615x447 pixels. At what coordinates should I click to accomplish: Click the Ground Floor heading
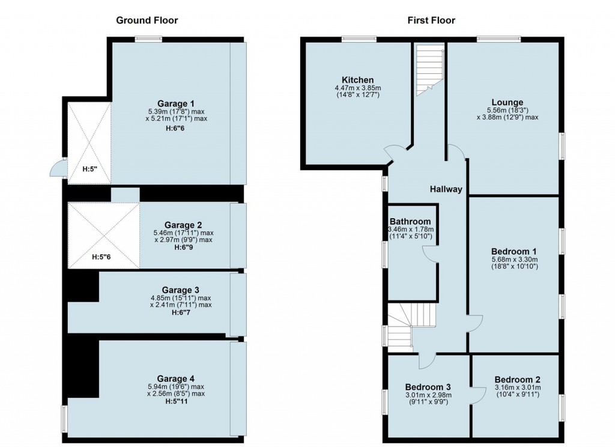coord(147,20)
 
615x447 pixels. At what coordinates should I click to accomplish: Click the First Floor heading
coord(431,20)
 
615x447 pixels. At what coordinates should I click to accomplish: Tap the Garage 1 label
coord(176,103)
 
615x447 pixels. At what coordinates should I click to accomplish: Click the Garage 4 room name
coord(176,379)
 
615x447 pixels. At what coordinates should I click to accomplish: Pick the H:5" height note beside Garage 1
coord(90,169)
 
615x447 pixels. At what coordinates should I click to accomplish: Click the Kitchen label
coord(358,80)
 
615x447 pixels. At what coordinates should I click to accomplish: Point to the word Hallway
coord(446,189)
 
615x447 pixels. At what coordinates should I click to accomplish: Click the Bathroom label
coord(410,222)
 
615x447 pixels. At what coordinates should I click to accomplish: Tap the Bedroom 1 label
coord(514,251)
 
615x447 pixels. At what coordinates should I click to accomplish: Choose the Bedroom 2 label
coord(517,380)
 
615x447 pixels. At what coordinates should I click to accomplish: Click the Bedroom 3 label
coord(428,386)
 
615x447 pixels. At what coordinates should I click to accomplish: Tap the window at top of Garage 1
coord(148,40)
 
